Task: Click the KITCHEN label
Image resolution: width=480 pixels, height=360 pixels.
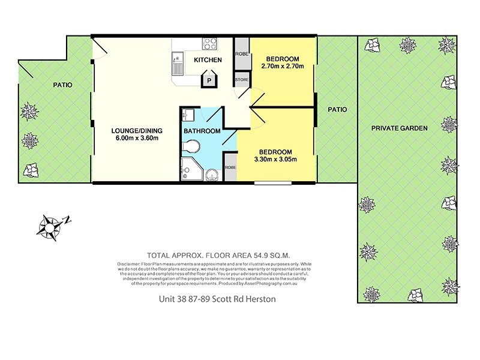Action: click(208, 59)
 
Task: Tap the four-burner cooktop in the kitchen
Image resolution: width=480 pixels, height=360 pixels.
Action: click(210, 44)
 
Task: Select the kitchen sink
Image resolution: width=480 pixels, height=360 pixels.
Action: click(176, 60)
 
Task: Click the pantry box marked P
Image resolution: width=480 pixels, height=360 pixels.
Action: click(209, 79)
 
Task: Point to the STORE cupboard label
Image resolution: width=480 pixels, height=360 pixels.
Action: click(242, 79)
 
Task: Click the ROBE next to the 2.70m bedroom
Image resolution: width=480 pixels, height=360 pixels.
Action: click(242, 53)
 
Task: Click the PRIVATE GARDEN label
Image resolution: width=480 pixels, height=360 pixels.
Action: click(399, 128)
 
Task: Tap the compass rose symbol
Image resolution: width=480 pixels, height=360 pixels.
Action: click(50, 226)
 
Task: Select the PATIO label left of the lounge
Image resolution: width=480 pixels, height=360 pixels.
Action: click(61, 85)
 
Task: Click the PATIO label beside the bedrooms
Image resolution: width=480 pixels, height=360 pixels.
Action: click(337, 110)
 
